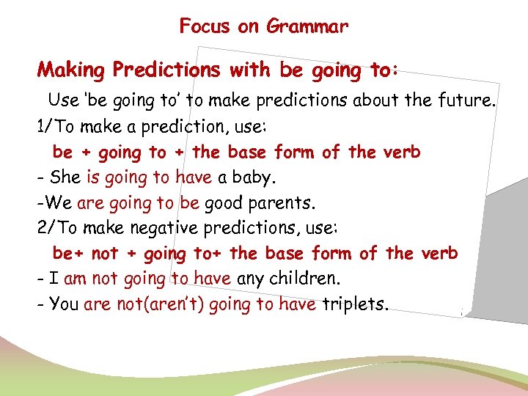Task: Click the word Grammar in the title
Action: tap(307, 27)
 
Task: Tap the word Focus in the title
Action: tap(205, 27)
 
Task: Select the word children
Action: tap(305, 279)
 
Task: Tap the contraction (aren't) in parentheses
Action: tap(175, 304)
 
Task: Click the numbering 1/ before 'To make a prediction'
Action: tap(44, 126)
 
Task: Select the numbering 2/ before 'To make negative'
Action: tap(45, 228)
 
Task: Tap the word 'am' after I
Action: tap(76, 279)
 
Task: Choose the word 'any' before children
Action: tap(251, 279)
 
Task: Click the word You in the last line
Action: tap(64, 304)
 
